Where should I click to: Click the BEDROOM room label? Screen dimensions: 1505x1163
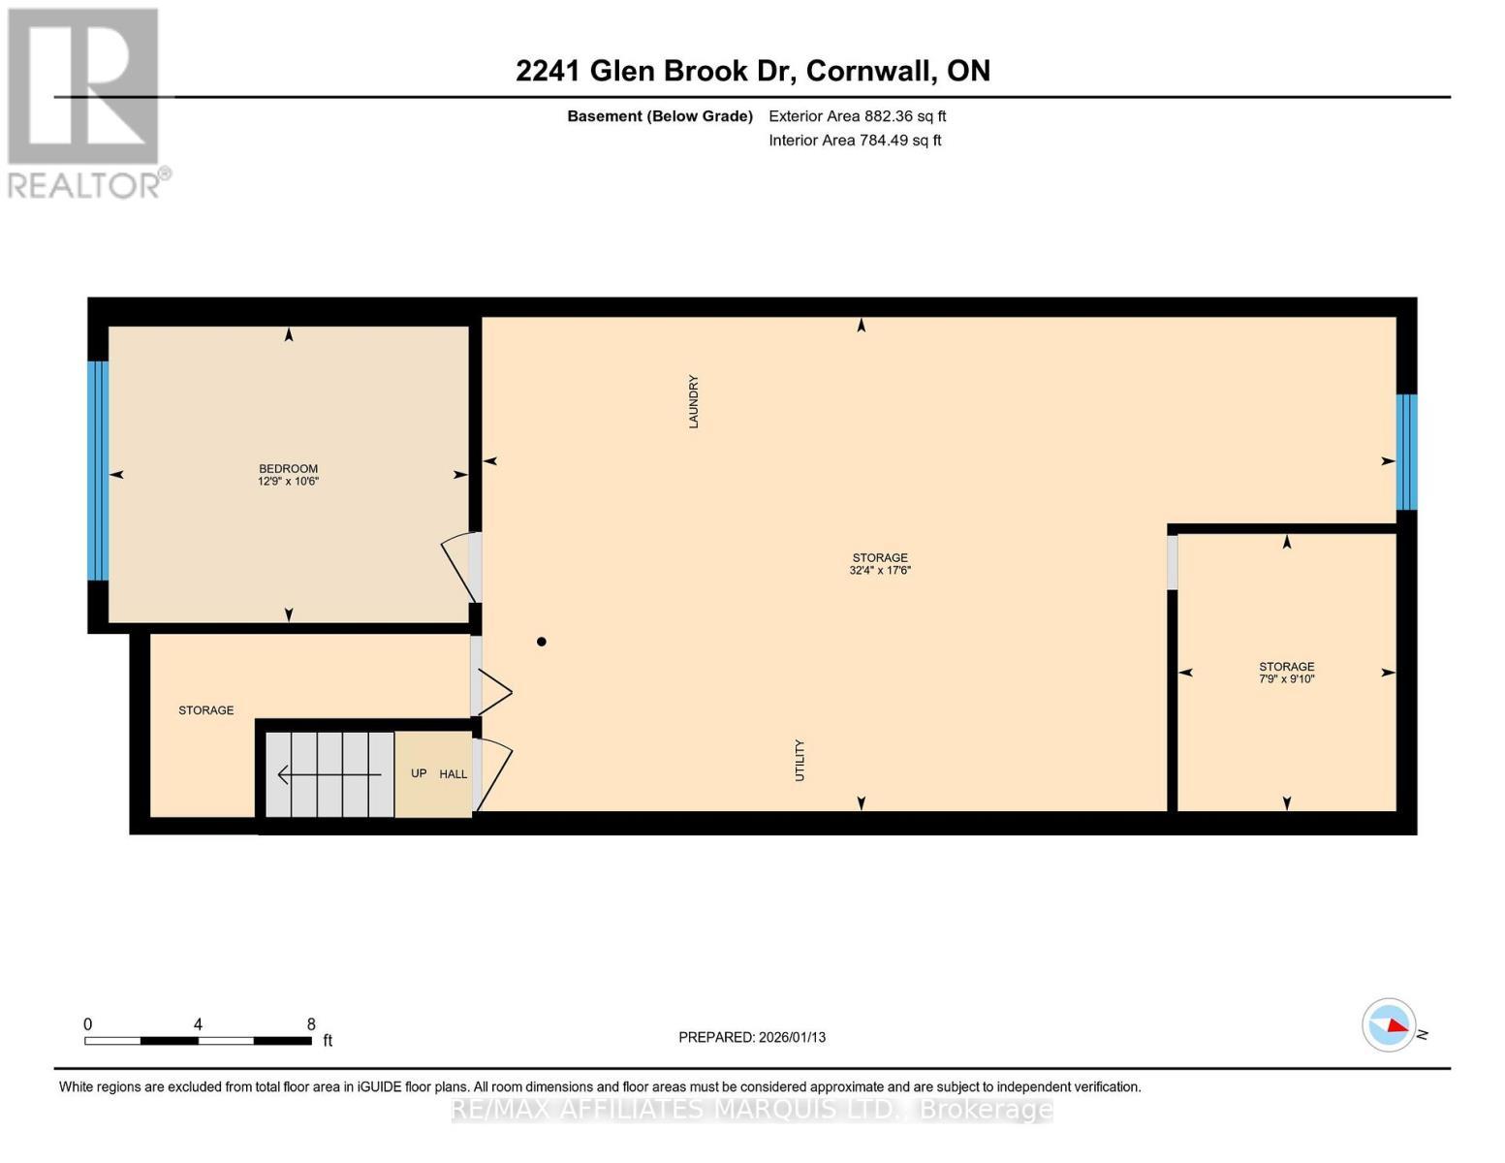[288, 469]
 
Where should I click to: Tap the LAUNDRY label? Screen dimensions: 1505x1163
[693, 402]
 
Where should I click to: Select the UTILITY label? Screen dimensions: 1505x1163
[800, 760]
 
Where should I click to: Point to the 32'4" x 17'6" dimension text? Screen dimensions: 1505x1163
[880, 570]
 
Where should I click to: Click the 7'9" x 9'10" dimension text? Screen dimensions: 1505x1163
[1286, 678]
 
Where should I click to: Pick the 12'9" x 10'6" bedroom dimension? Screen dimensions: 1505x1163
[288, 481]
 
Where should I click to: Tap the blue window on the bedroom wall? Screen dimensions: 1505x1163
[98, 470]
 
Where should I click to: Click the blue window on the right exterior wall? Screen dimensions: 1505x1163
[1406, 452]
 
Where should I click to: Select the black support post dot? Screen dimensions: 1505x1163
[542, 642]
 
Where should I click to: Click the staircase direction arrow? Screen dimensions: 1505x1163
[329, 774]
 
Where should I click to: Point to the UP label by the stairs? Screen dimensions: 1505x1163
[419, 773]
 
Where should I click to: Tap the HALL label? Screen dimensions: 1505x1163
[453, 773]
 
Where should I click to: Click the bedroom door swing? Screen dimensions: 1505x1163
[458, 566]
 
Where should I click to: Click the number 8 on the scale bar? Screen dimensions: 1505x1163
[311, 1023]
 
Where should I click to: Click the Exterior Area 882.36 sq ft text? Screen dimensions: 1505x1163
[857, 116]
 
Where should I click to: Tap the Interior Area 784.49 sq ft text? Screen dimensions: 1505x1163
[855, 141]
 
